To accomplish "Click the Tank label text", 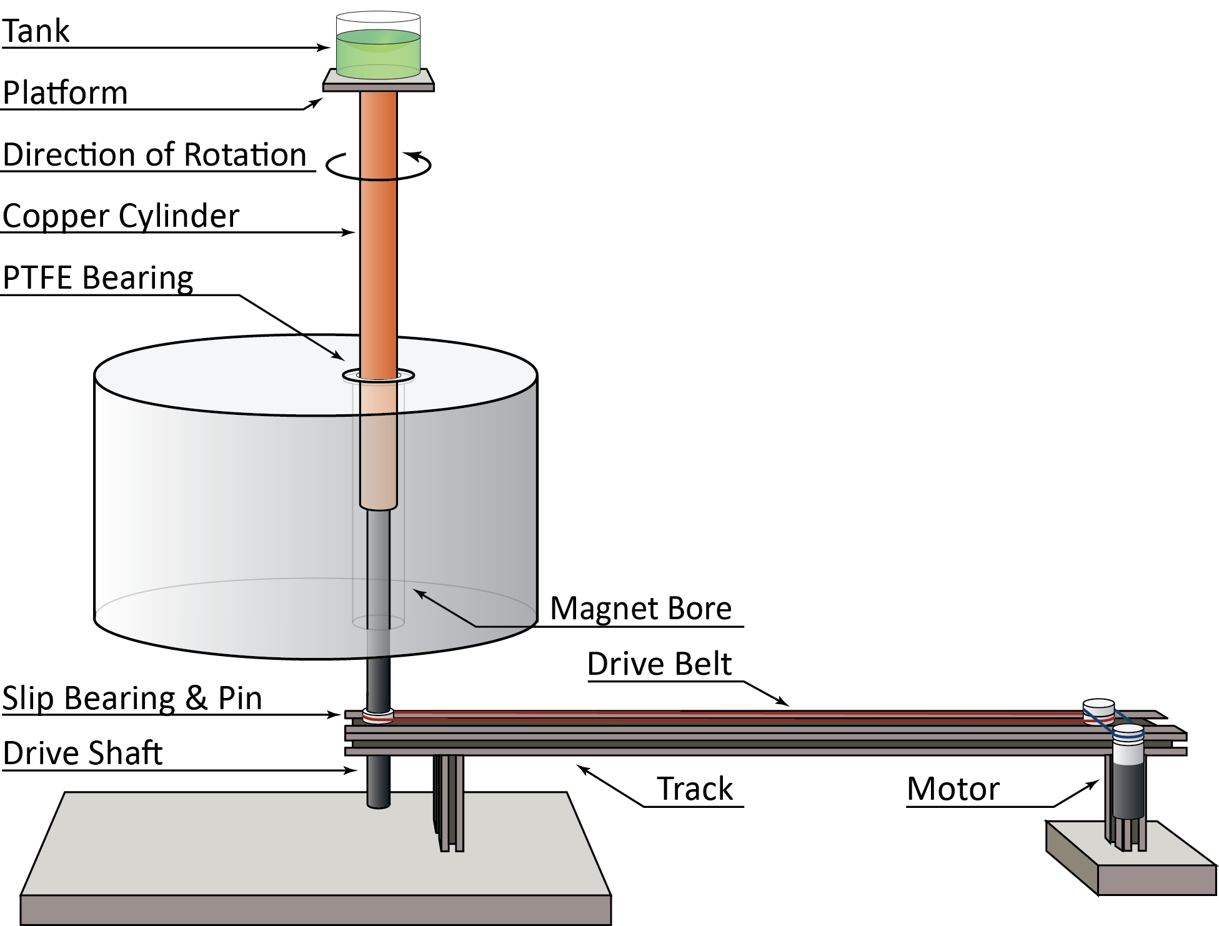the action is point(36,31).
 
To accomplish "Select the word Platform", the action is point(66,92).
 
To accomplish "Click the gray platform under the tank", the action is point(378,80).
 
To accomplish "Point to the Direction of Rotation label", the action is point(154,154).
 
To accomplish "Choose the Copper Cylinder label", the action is point(121,216).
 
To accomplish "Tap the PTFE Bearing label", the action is point(98,277).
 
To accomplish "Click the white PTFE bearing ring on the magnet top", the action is point(378,376).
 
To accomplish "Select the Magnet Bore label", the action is point(640,608).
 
